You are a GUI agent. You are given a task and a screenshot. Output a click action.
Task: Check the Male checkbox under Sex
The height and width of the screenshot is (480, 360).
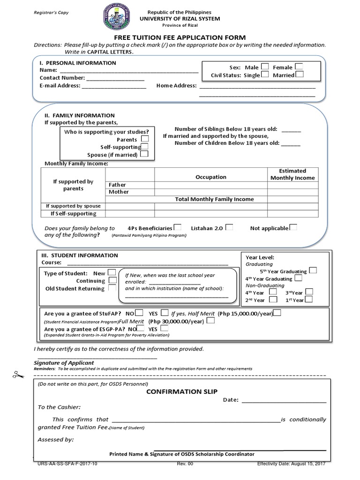(265, 67)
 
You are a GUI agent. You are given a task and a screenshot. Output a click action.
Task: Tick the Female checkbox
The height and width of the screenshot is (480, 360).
(299, 67)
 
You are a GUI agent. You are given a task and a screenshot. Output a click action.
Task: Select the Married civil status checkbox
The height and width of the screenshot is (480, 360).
(300, 74)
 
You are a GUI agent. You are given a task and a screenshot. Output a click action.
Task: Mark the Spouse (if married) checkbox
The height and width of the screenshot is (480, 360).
(144, 154)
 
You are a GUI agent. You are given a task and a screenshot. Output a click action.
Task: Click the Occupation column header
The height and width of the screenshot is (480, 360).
(210, 177)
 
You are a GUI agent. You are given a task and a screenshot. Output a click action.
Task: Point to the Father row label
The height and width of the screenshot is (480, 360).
(117, 185)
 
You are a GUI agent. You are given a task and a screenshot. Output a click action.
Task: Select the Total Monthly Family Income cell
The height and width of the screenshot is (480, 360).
(214, 199)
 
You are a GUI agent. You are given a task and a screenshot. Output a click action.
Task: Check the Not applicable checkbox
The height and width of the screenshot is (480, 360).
(293, 227)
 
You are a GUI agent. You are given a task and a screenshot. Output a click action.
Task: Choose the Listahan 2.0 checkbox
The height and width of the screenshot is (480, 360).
(229, 227)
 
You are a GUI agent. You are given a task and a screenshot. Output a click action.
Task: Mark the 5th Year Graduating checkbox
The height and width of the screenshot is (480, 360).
(313, 270)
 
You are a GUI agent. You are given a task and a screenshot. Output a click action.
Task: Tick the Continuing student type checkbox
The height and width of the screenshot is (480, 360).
(112, 280)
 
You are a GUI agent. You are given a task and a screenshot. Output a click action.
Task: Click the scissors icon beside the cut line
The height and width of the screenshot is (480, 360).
(18, 374)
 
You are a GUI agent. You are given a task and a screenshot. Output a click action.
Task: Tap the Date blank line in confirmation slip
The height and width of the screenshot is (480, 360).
(284, 401)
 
